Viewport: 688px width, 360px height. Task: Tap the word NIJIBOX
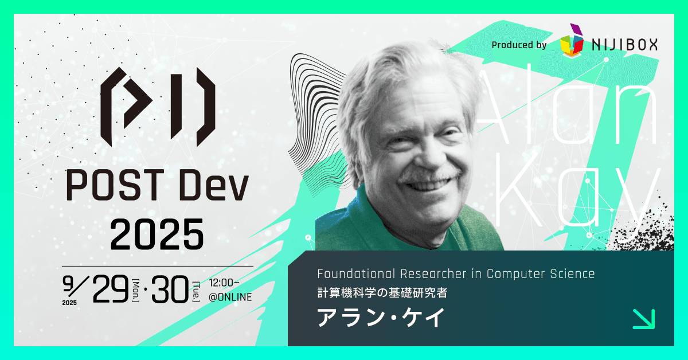[624, 44]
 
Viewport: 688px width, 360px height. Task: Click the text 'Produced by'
[519, 45]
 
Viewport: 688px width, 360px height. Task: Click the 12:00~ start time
[229, 284]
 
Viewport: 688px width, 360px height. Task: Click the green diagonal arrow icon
[643, 319]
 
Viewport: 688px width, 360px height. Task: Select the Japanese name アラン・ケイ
[381, 318]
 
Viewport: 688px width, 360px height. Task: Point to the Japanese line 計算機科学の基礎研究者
[382, 292]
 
